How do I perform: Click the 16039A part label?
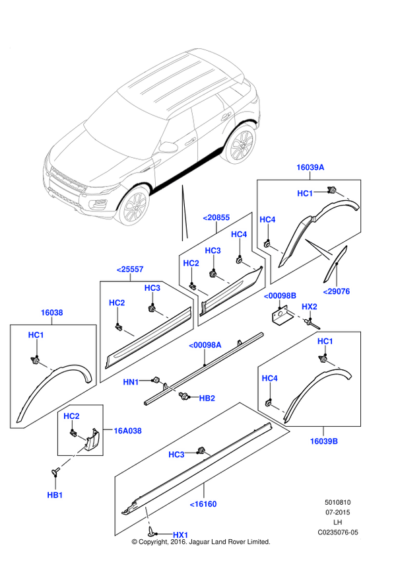[x=310, y=168]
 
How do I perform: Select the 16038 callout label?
[x=51, y=313]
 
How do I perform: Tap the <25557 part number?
[x=130, y=269]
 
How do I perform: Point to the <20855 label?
[x=216, y=217]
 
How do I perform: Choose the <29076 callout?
[x=336, y=291]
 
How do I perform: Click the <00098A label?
[x=205, y=345]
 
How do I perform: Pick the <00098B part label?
[x=280, y=295]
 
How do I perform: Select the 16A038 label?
[x=127, y=431]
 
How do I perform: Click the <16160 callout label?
[x=203, y=504]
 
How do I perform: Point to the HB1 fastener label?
[x=55, y=495]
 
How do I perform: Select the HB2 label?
[x=207, y=398]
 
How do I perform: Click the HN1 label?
[x=131, y=382]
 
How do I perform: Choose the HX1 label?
[x=180, y=534]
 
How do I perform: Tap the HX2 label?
[x=310, y=307]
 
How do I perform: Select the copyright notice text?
[x=201, y=542]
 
